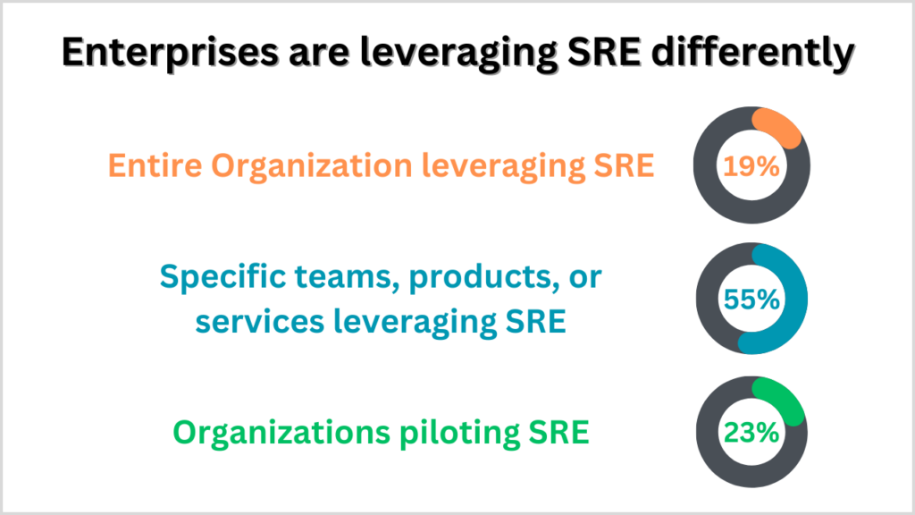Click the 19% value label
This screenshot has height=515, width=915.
coord(751,167)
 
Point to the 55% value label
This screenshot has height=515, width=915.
coord(751,300)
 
